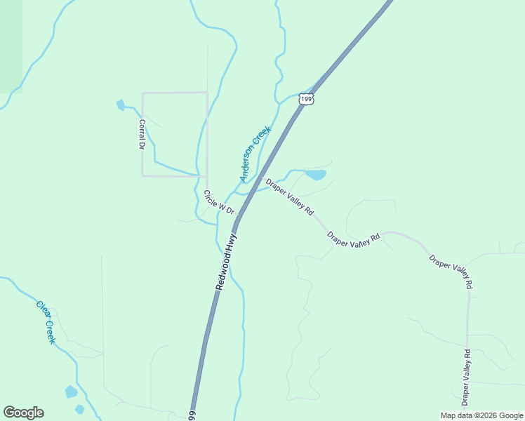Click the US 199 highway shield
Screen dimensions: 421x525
[x=305, y=99]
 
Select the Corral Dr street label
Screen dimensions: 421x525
[x=141, y=134]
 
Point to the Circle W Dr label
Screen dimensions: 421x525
[x=218, y=201]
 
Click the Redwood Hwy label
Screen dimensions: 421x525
[x=226, y=263]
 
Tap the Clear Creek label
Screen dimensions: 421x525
[x=46, y=322]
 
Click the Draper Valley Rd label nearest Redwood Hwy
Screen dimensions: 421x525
[x=289, y=196]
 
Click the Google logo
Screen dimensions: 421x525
[x=23, y=413]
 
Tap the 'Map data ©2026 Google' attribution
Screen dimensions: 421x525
[x=482, y=415]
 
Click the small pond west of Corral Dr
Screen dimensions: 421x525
[x=120, y=105]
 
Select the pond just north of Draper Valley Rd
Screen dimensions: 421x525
[x=316, y=175]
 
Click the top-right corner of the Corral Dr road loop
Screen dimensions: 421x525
[x=207, y=92]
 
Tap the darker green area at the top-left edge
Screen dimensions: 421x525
[x=11, y=46]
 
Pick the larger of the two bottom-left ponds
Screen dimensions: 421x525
[x=71, y=392]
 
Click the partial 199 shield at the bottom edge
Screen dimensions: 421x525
[x=192, y=416]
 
